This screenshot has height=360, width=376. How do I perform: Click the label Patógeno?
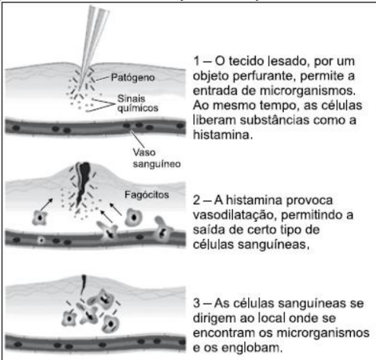132,78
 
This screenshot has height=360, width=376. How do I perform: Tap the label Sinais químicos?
138,104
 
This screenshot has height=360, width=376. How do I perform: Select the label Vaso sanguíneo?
157,158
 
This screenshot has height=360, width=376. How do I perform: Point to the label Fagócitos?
147,195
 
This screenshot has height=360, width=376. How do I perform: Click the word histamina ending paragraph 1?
222,135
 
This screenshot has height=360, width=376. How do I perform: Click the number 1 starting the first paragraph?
196,61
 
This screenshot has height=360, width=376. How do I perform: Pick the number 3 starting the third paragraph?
196,303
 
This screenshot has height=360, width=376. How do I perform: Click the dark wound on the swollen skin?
83,183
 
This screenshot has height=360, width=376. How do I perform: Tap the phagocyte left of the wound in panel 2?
40,218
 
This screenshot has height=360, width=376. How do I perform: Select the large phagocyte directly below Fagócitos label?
133,218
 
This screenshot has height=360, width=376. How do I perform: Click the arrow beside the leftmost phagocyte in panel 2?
46,205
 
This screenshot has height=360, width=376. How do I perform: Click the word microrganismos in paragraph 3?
323,333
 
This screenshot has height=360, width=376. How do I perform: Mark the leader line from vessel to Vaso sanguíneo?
137,139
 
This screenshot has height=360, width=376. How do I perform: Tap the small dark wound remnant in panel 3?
83,285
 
